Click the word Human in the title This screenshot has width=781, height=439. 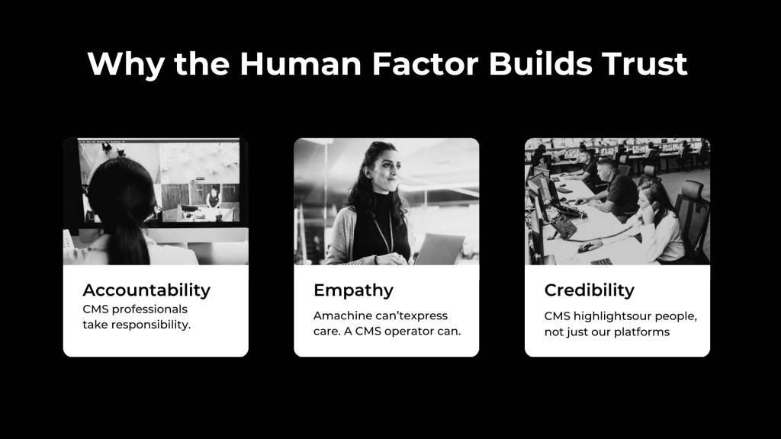click(x=301, y=63)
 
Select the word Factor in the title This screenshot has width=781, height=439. click(x=425, y=63)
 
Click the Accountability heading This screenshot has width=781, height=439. click(x=146, y=290)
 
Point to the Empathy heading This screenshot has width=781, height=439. click(x=353, y=290)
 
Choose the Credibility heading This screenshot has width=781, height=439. click(x=590, y=290)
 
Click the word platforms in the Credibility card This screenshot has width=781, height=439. click(x=642, y=332)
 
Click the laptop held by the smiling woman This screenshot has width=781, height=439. click(x=439, y=249)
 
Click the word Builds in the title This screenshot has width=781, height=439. click(x=541, y=63)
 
